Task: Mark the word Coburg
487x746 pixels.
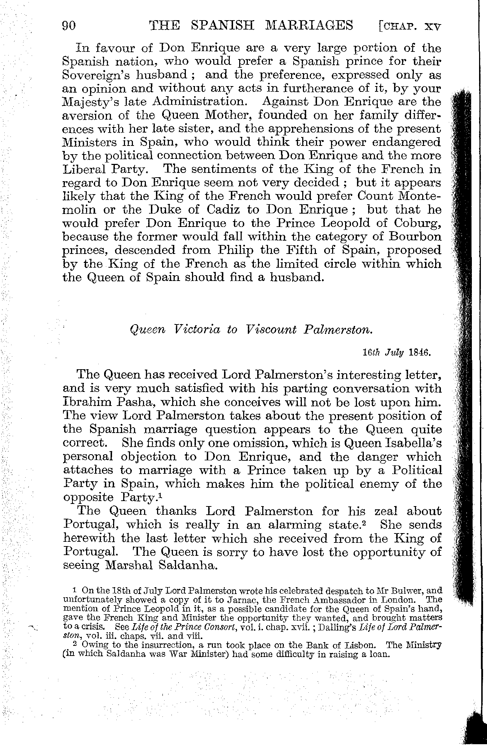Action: (x=417, y=223)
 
